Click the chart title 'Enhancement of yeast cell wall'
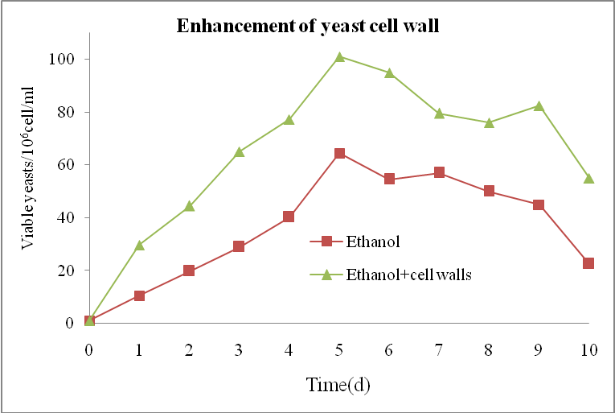coord(309,27)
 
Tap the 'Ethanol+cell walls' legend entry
coord(408,275)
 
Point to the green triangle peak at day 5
coord(339,57)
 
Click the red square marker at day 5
coord(339,154)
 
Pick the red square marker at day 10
coord(588,263)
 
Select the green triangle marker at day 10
coord(588,178)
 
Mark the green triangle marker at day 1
coord(139,245)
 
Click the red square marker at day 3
coord(239,246)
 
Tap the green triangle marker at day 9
coord(539,106)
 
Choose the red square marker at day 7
coord(439,173)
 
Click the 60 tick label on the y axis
coord(69,165)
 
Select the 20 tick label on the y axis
coord(69,271)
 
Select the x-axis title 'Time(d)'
coord(338,384)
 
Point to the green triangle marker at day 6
coord(389,72)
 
